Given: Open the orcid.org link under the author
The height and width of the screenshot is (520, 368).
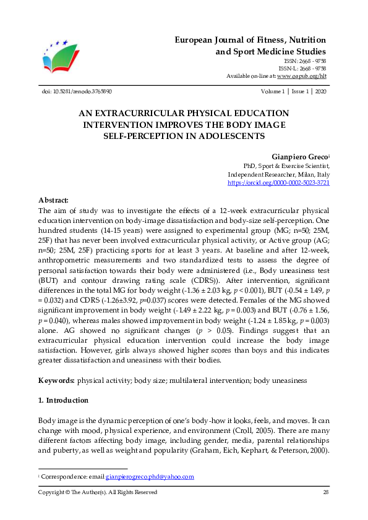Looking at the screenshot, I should click(278, 183).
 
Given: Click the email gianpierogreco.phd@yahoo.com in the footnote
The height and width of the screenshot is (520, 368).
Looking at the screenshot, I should click(150, 476).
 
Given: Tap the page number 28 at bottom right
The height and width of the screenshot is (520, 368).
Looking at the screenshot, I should click(325, 492).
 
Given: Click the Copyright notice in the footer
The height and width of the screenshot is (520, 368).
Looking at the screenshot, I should click(98, 492).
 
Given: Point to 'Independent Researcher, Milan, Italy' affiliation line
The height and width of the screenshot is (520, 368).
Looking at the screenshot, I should click(278, 174).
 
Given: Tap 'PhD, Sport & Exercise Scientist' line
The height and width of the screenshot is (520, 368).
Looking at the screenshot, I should click(286, 166).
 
